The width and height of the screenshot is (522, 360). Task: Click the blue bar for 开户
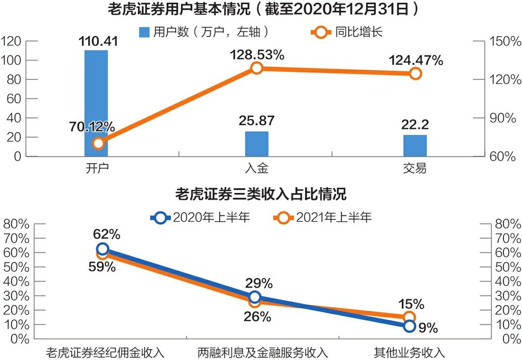(96, 103)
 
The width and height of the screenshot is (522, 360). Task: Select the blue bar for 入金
(257, 144)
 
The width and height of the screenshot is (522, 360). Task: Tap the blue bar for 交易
(415, 146)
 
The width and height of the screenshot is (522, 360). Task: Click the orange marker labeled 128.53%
(257, 68)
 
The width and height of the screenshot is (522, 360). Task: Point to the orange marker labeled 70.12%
(98, 144)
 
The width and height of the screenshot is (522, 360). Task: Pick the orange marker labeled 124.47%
(415, 73)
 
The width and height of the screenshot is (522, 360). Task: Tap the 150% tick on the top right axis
(502, 41)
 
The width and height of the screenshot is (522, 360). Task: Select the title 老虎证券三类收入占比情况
(260, 194)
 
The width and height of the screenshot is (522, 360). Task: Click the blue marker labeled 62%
(102, 249)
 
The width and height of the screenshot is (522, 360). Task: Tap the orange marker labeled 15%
(409, 317)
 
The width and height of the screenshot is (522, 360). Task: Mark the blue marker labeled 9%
(409, 326)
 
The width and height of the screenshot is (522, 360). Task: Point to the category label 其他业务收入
(409, 352)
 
